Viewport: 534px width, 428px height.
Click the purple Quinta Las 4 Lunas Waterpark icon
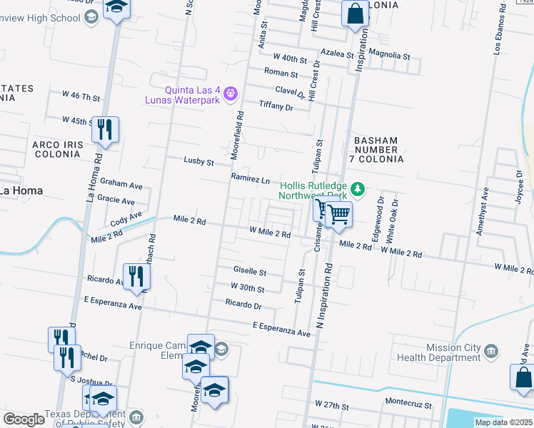click(x=230, y=93)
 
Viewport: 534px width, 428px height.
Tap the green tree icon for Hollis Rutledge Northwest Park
click(x=361, y=189)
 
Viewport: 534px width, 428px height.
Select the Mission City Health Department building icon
click(x=490, y=350)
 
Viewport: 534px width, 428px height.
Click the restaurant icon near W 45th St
click(x=105, y=130)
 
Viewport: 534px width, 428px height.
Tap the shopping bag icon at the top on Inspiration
click(x=355, y=14)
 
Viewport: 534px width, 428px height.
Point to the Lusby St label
click(x=199, y=162)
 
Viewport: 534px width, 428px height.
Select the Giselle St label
click(x=250, y=272)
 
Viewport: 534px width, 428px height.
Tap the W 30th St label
click(x=247, y=288)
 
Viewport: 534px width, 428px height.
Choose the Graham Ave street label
click(x=121, y=185)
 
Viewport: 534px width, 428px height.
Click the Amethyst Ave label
click(x=484, y=211)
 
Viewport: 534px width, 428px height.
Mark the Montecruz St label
click(x=409, y=404)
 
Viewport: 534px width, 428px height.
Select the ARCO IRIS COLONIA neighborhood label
click(x=57, y=151)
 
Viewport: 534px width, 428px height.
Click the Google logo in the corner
click(x=24, y=419)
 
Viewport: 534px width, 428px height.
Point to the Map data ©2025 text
click(x=503, y=422)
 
